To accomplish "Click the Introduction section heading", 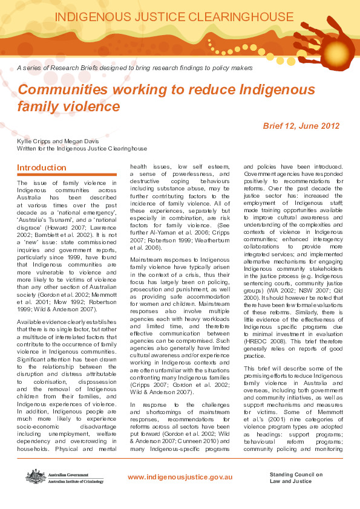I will click(x=42, y=167).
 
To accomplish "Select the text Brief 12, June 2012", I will click(x=301, y=126).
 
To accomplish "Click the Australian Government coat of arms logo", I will click(x=33, y=476).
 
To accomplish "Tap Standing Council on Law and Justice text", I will click(x=296, y=478).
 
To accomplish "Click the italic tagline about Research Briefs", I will click(x=135, y=68).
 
